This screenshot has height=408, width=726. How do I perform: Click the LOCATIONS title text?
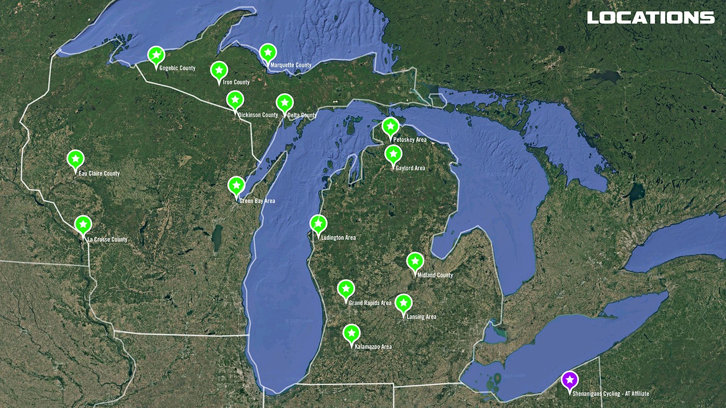[650, 18]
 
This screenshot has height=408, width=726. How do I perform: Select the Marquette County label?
[290, 65]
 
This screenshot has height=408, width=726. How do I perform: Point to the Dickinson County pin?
[235, 101]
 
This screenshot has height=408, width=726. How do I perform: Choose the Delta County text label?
[302, 115]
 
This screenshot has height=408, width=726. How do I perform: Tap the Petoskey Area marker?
[390, 127]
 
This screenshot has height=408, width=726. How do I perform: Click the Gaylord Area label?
[410, 168]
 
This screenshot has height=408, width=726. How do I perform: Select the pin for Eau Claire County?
[76, 159]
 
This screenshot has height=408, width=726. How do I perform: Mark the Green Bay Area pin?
[236, 186]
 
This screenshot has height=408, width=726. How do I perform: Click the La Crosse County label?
[107, 239]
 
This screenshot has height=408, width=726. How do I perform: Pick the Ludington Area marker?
[318, 224]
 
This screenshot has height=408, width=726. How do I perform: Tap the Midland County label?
[435, 275]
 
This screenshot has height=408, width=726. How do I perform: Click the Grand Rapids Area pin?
[346, 289]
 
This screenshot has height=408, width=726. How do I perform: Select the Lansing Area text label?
[421, 317]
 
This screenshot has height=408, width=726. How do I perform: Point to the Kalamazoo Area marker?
[351, 334]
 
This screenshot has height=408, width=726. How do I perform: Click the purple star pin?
[570, 380]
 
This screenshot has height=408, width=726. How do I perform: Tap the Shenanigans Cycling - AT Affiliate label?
[610, 394]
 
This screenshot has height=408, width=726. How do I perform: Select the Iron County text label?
[236, 82]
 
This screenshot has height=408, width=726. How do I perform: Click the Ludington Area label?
[338, 238]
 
